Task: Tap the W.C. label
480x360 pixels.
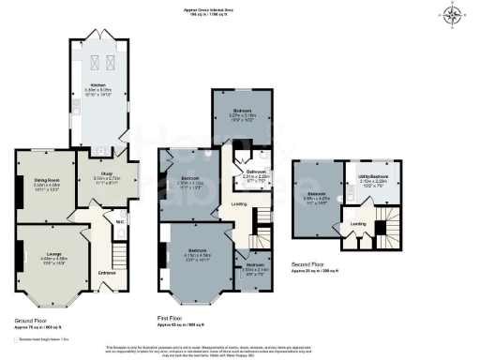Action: pyautogui.click(x=121, y=222)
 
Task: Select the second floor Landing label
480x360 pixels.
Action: pyautogui.click(x=358, y=224)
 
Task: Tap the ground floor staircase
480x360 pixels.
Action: pyautogui.click(x=118, y=254)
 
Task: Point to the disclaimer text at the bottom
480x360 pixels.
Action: pyautogui.click(x=239, y=349)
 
